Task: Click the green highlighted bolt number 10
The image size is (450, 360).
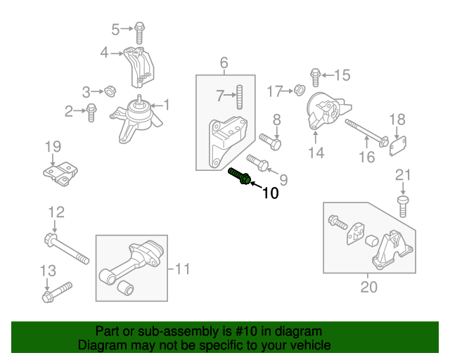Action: tap(239, 176)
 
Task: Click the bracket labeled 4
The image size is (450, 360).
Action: tap(138, 64)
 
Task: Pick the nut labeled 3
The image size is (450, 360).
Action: tap(110, 91)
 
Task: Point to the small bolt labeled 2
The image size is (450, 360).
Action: tap(91, 111)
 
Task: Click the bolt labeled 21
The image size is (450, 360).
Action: tap(403, 205)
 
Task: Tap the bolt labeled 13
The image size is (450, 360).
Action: tap(57, 290)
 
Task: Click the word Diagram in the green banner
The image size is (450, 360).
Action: tap(101, 346)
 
